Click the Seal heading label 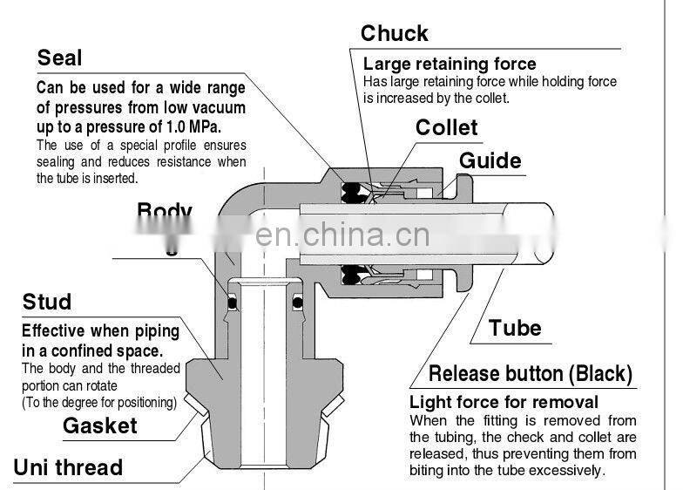59,58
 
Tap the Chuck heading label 395,34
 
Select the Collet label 446,128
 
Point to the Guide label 490,161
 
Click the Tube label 515,329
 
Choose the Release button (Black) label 530,375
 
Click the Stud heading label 46,303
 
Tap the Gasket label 99,425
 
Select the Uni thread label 68,467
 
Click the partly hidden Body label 164,212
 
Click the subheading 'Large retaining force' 450,65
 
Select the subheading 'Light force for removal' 504,402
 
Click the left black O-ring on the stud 232,303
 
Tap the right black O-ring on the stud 298,303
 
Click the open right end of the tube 544,232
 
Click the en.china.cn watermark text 341,235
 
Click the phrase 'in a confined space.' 91,350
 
